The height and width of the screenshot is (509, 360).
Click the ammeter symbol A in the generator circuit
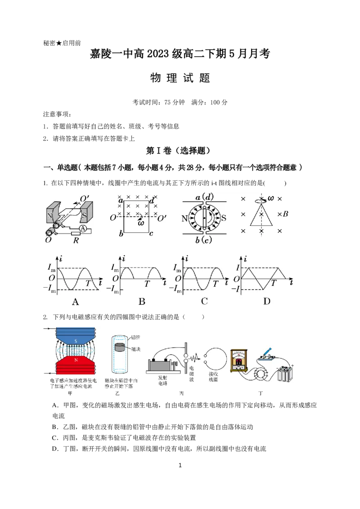[x=82, y=228]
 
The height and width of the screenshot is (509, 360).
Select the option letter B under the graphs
[x=142, y=302]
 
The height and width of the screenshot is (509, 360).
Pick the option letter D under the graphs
[x=267, y=302]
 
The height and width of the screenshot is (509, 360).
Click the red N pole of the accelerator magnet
[x=75, y=360]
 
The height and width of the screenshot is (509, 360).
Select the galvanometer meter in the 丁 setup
[x=240, y=360]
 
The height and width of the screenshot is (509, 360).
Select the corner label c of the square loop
[x=151, y=233]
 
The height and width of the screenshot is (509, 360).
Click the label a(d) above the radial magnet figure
[x=204, y=197]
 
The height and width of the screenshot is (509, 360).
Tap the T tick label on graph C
[x=216, y=283]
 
